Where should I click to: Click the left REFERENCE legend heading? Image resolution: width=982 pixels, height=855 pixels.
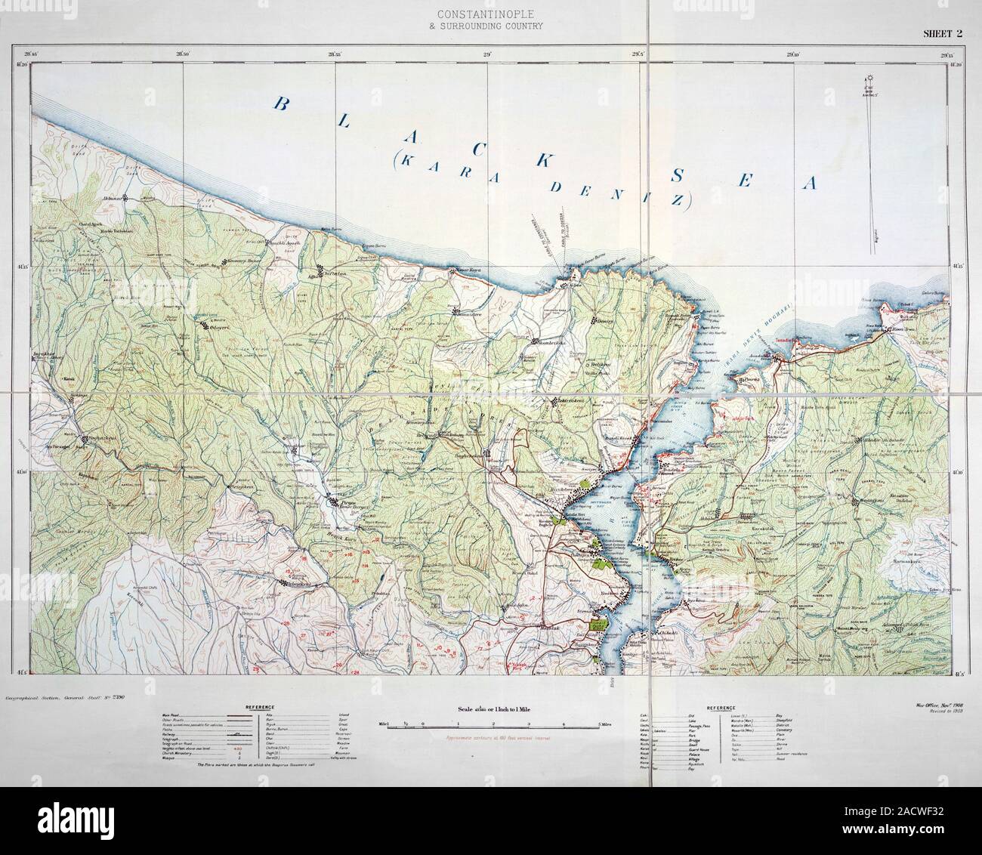tap(258, 707)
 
